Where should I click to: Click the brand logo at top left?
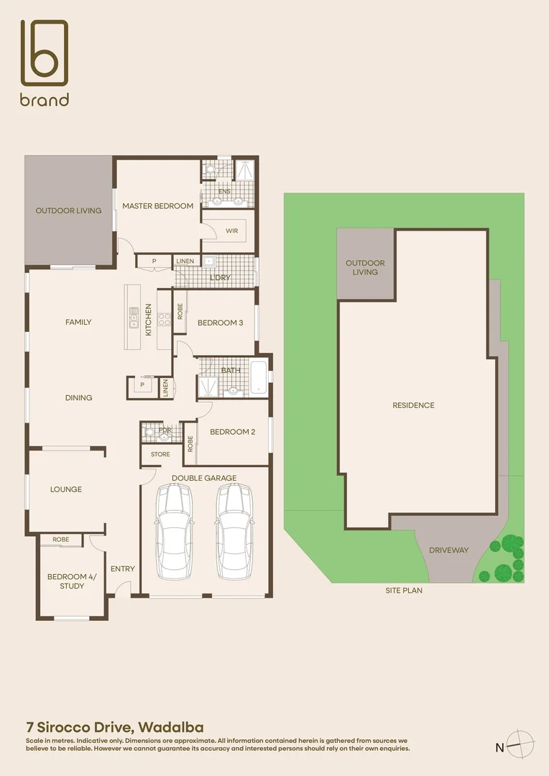point(45,63)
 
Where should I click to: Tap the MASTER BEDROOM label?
point(157,206)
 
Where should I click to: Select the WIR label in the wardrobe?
point(231,231)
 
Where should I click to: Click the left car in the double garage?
point(175,531)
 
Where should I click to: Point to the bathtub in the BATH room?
point(258,377)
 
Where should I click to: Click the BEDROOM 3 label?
point(220,323)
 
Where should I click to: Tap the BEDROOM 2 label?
point(232,433)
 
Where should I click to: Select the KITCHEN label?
point(149,320)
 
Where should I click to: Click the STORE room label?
point(160,454)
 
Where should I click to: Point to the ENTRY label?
point(123,569)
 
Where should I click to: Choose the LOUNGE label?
point(66,490)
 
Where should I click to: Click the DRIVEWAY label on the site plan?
point(448,550)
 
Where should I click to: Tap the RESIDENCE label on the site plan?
point(413,405)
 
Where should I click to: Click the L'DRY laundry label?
point(218,277)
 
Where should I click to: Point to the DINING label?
point(78,398)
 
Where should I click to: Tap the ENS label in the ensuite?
point(224,193)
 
